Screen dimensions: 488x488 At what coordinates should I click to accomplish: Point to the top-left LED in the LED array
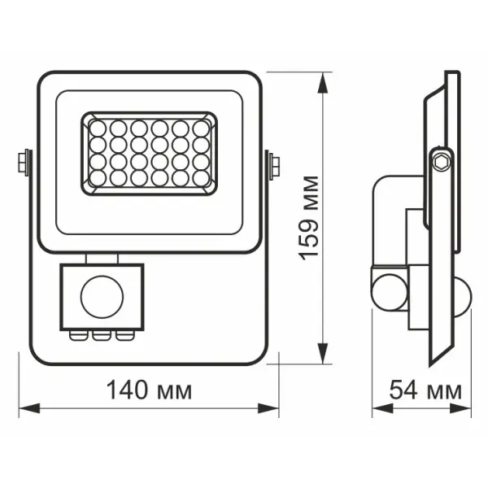(x=98, y=128)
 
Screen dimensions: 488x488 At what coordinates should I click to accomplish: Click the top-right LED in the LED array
(x=200, y=128)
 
